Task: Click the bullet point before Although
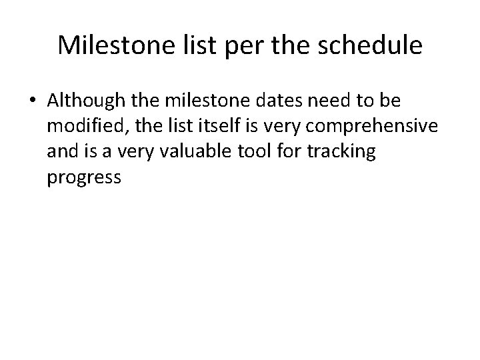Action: [33, 101]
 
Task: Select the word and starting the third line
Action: [62, 152]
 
